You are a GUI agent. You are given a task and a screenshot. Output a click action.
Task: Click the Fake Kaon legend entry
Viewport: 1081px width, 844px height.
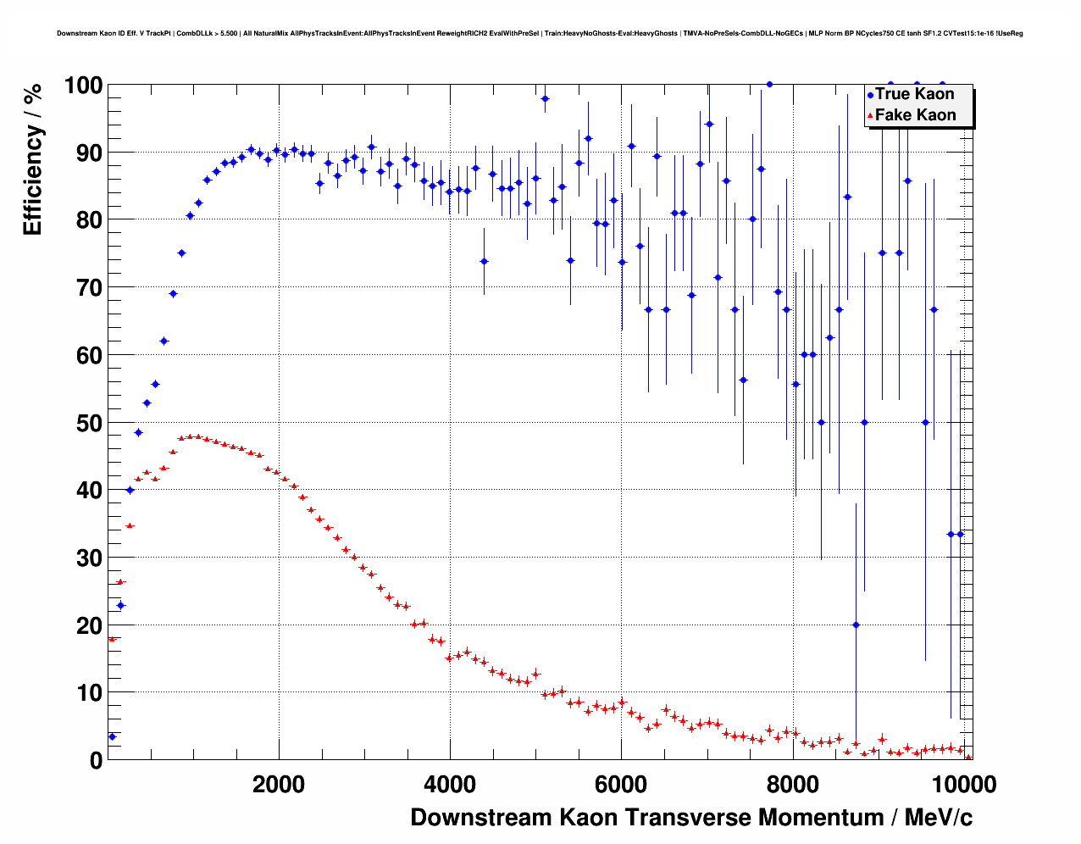tap(914, 115)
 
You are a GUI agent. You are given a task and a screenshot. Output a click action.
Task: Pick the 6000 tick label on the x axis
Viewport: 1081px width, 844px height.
tap(620, 784)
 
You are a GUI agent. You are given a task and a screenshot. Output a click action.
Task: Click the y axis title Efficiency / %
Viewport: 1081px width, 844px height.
tap(33, 158)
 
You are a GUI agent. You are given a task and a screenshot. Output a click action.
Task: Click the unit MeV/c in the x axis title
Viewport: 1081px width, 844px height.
tap(938, 818)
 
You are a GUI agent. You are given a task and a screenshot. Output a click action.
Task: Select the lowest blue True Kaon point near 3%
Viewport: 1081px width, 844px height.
tap(112, 736)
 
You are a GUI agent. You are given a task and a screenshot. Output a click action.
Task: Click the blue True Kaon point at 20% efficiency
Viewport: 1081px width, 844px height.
tap(856, 625)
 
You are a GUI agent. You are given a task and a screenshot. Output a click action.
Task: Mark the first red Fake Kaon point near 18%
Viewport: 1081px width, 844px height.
tap(112, 639)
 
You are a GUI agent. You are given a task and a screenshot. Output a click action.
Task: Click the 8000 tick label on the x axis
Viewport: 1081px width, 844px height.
tap(792, 784)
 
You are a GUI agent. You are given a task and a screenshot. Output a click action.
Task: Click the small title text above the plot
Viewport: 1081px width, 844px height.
tap(540, 34)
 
